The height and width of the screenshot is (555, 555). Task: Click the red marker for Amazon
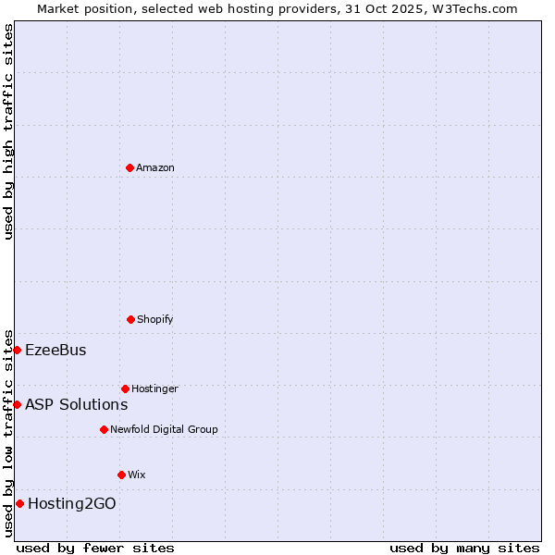(129, 167)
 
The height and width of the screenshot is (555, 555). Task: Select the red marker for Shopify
(130, 319)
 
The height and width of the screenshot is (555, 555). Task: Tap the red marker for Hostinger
(125, 388)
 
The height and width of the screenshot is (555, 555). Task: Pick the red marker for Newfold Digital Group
(104, 429)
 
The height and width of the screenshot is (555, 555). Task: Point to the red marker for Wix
(121, 475)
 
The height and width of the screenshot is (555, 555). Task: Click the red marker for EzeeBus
(17, 350)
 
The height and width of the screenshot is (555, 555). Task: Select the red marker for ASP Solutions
(17, 404)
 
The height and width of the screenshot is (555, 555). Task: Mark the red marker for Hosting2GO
(19, 503)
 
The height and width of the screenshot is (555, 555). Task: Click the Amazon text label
(155, 167)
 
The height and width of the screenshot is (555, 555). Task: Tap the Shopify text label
(155, 319)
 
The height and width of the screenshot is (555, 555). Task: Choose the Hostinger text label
(154, 388)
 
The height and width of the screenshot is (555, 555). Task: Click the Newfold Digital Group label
(165, 429)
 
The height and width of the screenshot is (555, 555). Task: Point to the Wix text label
(137, 475)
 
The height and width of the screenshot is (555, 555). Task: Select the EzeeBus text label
(55, 350)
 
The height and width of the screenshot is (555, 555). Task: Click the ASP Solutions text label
(76, 404)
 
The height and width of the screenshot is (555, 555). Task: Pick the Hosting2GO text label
(72, 503)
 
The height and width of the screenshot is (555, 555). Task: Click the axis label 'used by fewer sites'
(95, 548)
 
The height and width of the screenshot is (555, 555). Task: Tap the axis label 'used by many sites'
(464, 548)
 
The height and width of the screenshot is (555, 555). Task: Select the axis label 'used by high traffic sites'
(8, 131)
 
